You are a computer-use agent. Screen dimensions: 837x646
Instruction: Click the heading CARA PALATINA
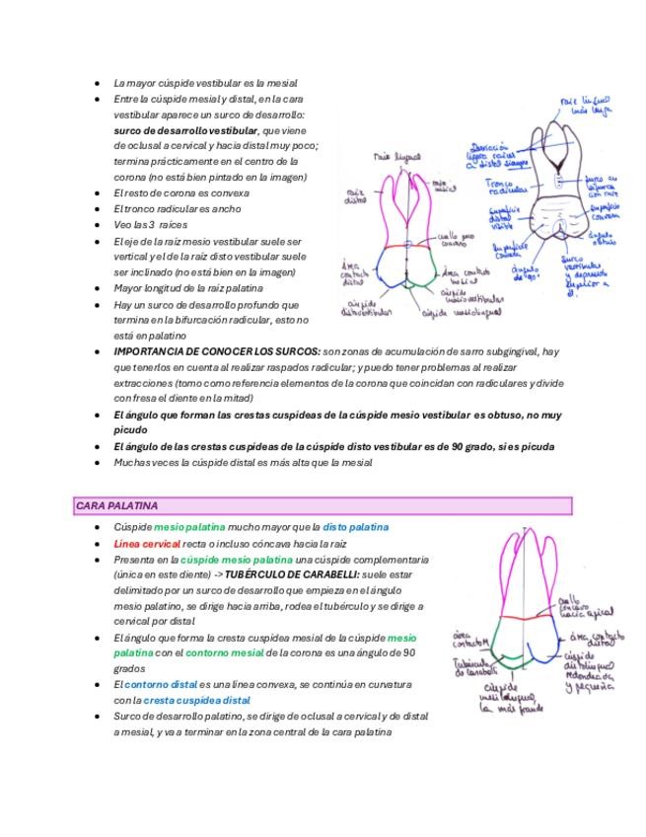[x=116, y=505]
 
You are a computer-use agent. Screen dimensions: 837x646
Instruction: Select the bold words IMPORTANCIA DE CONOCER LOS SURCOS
[x=217, y=351]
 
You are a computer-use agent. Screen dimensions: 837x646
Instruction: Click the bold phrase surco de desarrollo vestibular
[x=184, y=130]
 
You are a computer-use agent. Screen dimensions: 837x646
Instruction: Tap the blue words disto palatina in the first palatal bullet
[x=356, y=527]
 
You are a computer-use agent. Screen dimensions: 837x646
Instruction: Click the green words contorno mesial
[x=225, y=652]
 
